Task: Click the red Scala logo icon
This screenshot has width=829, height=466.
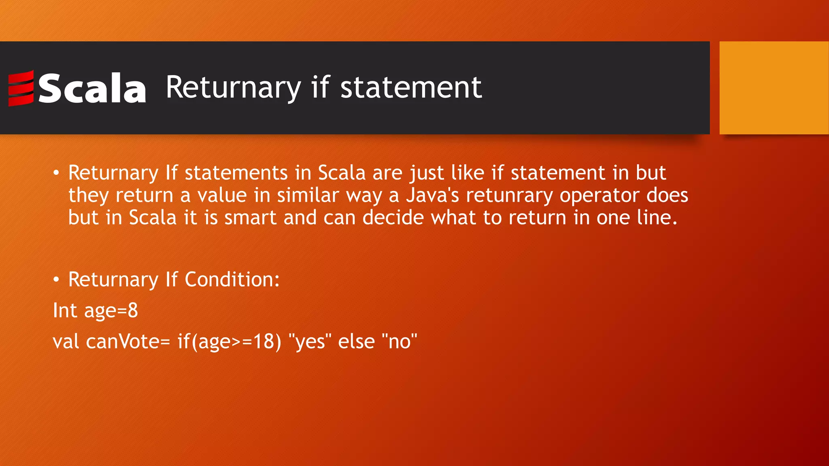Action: [21, 88]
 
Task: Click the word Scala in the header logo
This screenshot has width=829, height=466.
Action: [92, 88]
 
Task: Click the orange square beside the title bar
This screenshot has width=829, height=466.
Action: [774, 87]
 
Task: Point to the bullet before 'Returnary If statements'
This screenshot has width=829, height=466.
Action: [56, 174]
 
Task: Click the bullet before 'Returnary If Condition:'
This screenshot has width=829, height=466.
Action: [56, 280]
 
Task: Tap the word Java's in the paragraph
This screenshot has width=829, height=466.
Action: [432, 195]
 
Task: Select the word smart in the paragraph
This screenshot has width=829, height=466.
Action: [250, 218]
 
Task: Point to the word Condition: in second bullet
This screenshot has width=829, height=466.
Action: [232, 280]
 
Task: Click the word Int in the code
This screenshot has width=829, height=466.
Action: [65, 311]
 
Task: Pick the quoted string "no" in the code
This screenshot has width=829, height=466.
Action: [400, 341]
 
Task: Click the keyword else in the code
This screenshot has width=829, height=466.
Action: [356, 341]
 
